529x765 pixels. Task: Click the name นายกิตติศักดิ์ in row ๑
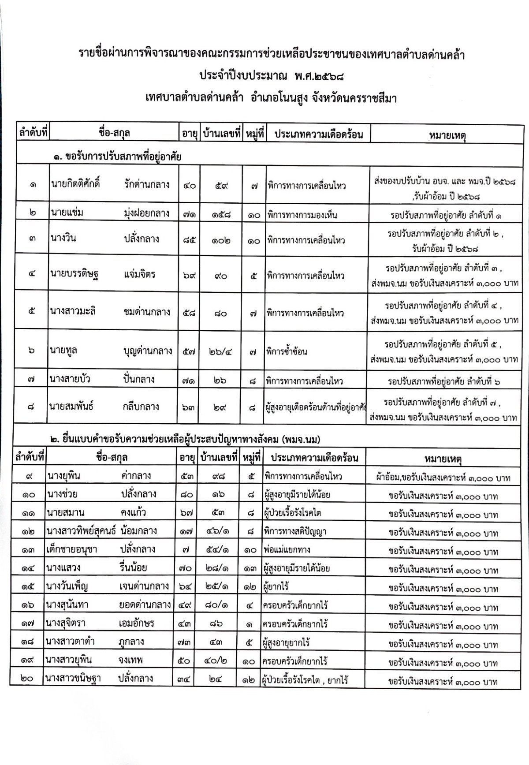click(75, 184)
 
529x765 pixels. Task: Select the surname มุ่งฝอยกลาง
click(146, 213)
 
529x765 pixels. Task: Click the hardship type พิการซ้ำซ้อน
click(287, 352)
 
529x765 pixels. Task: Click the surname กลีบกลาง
click(141, 407)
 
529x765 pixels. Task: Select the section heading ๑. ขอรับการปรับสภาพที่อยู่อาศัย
click(117, 157)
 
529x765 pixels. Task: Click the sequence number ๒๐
click(27, 679)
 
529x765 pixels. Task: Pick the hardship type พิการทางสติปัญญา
click(295, 531)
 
